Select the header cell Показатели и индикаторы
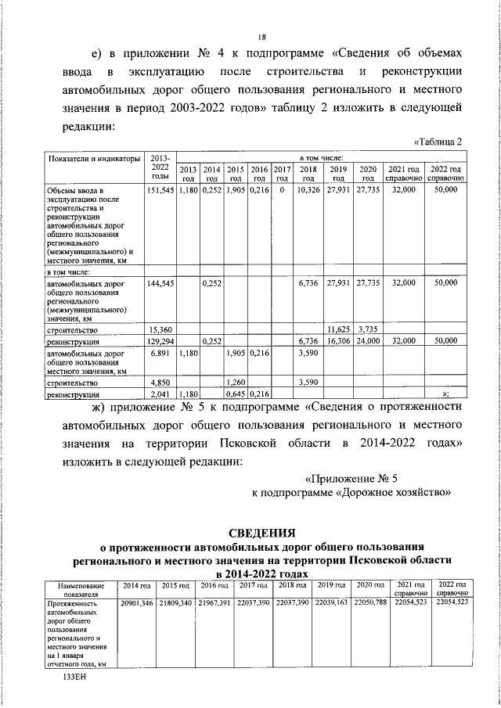[94, 159]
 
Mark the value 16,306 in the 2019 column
[338, 342]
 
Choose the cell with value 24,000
[366, 342]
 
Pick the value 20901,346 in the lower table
[135, 604]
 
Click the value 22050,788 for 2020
[369, 604]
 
